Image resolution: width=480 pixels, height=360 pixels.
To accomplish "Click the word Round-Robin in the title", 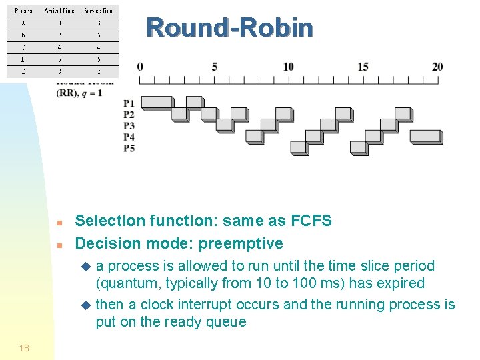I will (x=229, y=28).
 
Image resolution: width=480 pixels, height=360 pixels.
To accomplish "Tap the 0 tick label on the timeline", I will (x=140, y=67).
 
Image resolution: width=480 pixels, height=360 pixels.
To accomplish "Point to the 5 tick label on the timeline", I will (x=215, y=67).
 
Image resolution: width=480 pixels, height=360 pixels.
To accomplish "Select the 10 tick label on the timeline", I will (x=288, y=67).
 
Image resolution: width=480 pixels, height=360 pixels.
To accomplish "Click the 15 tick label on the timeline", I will (x=363, y=67).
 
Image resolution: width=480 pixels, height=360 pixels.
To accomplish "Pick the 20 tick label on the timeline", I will (x=437, y=67).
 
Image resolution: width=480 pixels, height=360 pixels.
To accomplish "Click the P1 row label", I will (x=129, y=103).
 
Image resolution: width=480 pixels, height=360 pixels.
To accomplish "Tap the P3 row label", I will (x=129, y=125).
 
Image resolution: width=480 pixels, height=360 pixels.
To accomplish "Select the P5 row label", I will (x=129, y=148).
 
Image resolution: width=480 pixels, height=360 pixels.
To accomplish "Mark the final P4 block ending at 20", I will (x=425, y=136).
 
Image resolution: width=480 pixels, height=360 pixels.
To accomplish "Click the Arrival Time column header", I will (x=59, y=11).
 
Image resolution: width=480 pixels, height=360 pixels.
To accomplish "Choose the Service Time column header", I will (x=99, y=11).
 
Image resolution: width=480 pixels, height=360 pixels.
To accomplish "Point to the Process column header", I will (x=23, y=11).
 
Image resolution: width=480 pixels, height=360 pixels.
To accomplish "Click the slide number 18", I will (x=24, y=348).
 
